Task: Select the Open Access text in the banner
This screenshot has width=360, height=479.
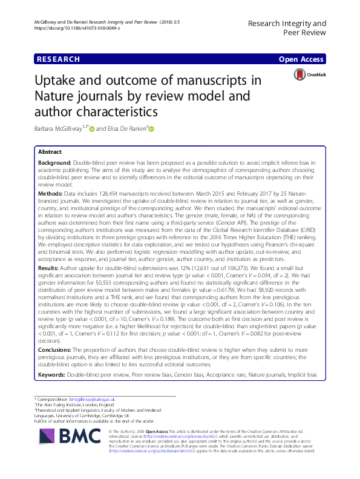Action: pyautogui.click(x=301, y=59)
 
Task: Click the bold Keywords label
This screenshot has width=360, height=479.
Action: pyautogui.click(x=52, y=376)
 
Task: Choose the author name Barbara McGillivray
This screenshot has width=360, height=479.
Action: pyautogui.click(x=66, y=128)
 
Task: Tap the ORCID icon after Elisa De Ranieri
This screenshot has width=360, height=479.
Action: pyautogui.click(x=152, y=128)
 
